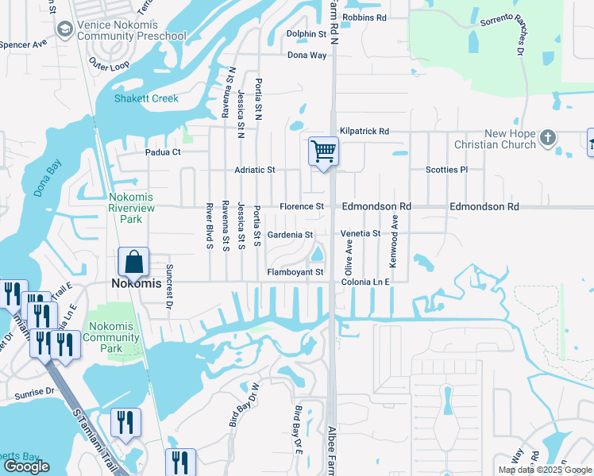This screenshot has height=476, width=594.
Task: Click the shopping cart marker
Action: pos(323,150)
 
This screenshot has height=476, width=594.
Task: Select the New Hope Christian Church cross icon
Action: pos(547,138)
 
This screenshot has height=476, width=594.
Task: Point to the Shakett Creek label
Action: pos(146,99)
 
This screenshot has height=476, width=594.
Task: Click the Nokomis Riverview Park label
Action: pos(130,208)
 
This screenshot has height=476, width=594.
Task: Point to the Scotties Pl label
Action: pos(447,170)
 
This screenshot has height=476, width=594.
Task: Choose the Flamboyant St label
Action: pos(295,272)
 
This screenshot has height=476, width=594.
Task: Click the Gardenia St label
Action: pos(290,235)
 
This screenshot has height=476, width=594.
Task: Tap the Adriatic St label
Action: pos(254,170)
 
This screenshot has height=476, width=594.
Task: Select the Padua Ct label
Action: pos(164,152)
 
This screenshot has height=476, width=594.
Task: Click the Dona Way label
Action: pos(307,56)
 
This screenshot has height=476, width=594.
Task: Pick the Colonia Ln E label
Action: pos(365,282)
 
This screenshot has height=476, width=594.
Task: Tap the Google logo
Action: pos(26,466)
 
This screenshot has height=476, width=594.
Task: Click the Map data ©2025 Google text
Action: pos(544,470)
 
